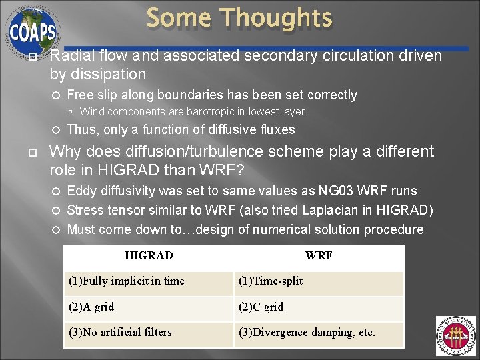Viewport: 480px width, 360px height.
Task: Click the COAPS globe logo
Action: [31, 31]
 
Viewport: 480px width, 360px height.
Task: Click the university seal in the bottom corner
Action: [455, 336]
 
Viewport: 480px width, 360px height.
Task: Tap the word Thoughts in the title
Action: [277, 18]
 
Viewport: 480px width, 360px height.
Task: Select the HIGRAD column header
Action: [149, 256]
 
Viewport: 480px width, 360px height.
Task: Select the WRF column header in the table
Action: [319, 256]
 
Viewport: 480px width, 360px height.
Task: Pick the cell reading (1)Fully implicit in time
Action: [127, 281]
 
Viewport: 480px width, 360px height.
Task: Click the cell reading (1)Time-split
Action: [271, 281]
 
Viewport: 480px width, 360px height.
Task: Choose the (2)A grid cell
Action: [91, 307]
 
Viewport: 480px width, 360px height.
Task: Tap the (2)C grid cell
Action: [261, 307]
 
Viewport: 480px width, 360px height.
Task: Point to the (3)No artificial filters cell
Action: [120, 332]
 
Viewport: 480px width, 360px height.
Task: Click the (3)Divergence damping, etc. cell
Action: [307, 332]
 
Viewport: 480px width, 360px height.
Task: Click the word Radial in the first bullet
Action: [70, 56]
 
